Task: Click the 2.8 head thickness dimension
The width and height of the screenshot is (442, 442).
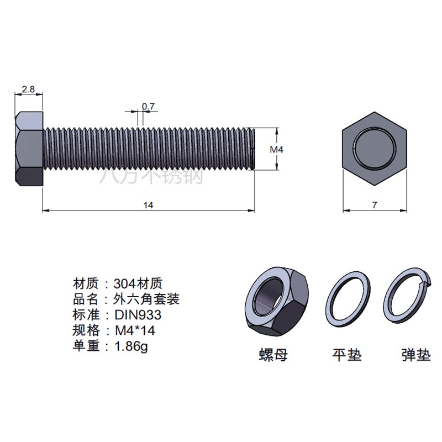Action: pyautogui.click(x=28, y=90)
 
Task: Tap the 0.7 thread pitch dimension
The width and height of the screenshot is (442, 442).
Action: pyautogui.click(x=148, y=106)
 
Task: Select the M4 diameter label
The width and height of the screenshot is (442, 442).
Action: pyautogui.click(x=276, y=149)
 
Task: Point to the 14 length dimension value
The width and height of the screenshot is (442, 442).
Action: pyautogui.click(x=148, y=205)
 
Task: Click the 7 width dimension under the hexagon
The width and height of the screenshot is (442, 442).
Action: pyautogui.click(x=375, y=205)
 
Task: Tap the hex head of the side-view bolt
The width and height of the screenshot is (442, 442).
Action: pyautogui.click(x=29, y=149)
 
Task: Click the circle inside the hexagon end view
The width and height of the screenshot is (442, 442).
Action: pyautogui.click(x=375, y=149)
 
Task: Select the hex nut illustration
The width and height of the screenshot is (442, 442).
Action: pyautogui.click(x=277, y=302)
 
